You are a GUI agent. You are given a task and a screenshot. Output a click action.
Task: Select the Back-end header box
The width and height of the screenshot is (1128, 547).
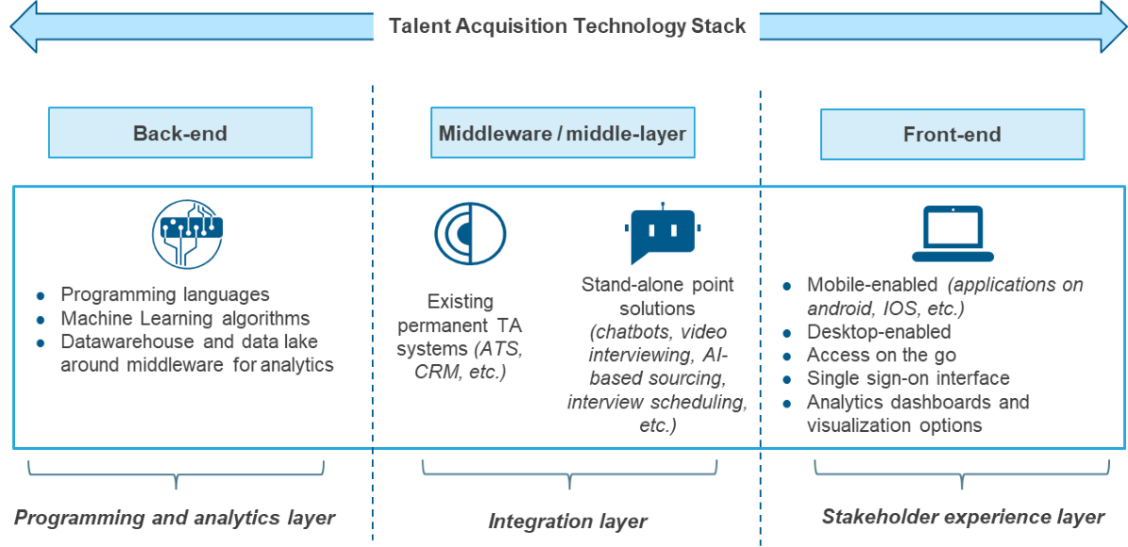click(x=180, y=133)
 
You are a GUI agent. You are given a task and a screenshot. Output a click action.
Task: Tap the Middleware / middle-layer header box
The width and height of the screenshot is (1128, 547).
click(x=563, y=133)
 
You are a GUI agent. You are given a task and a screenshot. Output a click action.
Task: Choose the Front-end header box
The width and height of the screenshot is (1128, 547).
click(x=951, y=134)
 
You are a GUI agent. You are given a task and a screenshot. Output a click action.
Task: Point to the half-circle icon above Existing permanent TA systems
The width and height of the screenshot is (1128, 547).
click(x=470, y=233)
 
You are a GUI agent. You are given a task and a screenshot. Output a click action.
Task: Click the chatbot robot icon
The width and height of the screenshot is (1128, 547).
click(x=663, y=233)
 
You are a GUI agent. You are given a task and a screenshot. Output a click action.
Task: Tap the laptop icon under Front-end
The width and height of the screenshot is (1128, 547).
click(x=952, y=233)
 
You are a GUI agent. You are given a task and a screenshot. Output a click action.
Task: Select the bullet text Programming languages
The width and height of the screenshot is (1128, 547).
click(x=165, y=295)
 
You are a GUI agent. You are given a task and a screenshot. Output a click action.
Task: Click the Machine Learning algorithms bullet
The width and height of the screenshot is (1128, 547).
click(x=185, y=319)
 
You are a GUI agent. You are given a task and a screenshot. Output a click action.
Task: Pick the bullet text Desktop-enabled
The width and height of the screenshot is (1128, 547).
click(x=878, y=332)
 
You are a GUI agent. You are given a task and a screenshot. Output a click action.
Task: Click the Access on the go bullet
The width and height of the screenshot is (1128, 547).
click(x=881, y=356)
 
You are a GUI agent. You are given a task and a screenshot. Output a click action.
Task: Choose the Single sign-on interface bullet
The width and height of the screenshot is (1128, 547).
click(x=907, y=378)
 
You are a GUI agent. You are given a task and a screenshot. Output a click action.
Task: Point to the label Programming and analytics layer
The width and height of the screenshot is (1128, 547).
click(x=175, y=518)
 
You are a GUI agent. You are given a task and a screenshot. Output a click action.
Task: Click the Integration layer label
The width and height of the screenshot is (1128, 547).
click(x=567, y=521)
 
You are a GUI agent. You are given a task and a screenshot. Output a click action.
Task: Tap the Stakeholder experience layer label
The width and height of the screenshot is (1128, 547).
click(x=962, y=517)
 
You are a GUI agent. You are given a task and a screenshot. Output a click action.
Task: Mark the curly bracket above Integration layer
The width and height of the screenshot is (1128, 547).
click(x=568, y=472)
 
